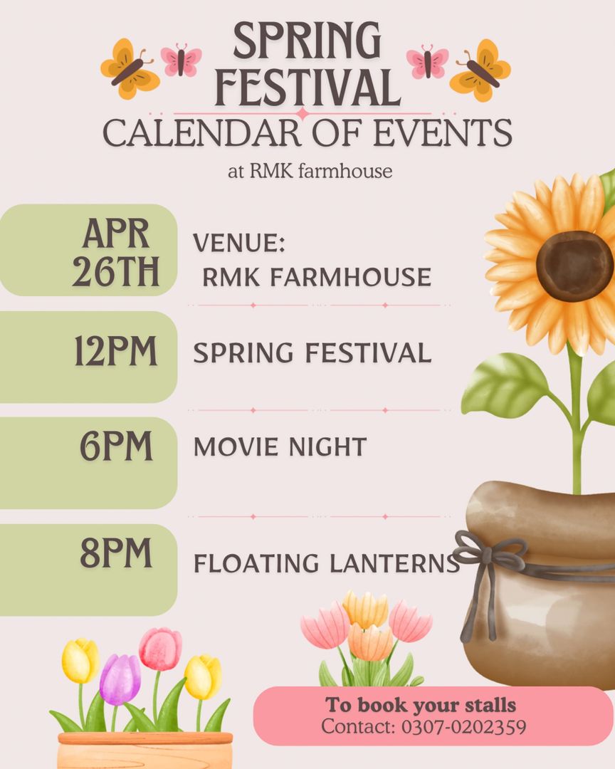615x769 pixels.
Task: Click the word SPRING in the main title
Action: point(307,42)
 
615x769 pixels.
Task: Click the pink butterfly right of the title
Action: point(427,61)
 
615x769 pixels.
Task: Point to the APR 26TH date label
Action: point(116,253)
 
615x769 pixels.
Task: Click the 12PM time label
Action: point(116,352)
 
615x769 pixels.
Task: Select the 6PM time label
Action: point(116,446)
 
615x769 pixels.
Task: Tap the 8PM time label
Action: point(116,553)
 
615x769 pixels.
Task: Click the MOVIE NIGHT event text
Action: point(280,447)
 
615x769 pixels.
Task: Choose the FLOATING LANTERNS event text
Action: point(327,563)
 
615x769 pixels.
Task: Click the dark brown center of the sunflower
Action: point(574,266)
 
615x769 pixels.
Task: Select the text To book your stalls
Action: point(421,706)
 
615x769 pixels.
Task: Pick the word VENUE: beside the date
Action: point(239,244)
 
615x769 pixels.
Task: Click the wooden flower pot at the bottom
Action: point(145,750)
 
